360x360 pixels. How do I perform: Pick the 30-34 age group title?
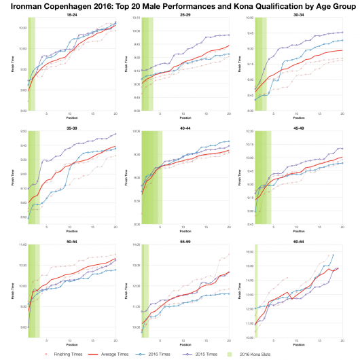point(298,15)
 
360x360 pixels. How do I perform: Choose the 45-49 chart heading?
point(298,128)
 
